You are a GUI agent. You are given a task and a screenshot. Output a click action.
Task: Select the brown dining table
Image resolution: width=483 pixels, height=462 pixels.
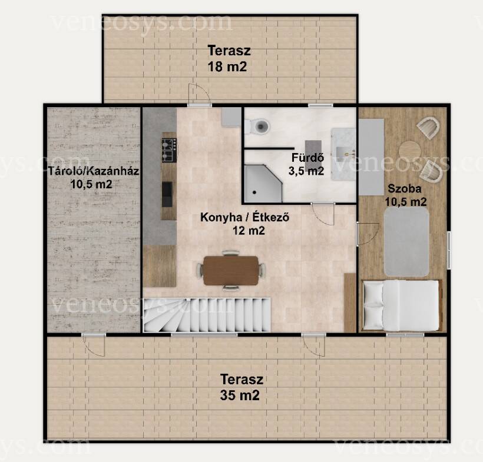click(x=231, y=270)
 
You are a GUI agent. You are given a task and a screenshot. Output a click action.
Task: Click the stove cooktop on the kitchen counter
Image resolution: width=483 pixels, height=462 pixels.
click(x=169, y=150)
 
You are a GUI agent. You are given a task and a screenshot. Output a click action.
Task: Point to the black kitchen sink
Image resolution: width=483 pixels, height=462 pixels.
click(x=167, y=194)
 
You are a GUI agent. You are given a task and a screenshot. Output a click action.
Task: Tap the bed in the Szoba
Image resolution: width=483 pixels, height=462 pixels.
click(x=402, y=305)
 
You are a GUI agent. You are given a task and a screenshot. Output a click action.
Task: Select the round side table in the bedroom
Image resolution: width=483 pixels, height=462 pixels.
click(x=410, y=151)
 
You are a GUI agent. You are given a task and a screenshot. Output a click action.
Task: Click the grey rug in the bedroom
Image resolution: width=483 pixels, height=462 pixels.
click(x=406, y=241)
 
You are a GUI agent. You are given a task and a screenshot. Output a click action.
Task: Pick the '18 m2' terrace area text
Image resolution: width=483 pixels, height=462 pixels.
click(x=227, y=67)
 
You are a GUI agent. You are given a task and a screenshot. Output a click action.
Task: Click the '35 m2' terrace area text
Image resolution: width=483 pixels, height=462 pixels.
click(x=240, y=395)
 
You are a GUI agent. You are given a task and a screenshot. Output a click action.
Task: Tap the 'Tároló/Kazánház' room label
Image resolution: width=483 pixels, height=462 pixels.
click(x=94, y=171)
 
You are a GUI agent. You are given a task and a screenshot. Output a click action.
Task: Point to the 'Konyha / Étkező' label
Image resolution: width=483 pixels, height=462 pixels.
click(x=245, y=217)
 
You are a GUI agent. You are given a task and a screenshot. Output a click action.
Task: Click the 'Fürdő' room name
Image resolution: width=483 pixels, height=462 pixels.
click(x=307, y=157)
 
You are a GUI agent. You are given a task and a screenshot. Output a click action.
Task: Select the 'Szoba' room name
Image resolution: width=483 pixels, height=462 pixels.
click(x=405, y=188)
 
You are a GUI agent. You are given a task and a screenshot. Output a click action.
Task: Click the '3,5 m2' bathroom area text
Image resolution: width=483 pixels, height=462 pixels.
click(x=306, y=171)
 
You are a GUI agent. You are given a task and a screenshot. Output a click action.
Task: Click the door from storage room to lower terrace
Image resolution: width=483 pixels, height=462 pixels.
click(x=94, y=345)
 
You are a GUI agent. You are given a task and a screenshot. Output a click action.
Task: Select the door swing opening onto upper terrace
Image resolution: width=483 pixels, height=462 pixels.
click(x=199, y=95)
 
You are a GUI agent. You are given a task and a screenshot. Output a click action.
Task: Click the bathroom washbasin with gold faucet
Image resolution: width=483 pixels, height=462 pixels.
click(x=343, y=154)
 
